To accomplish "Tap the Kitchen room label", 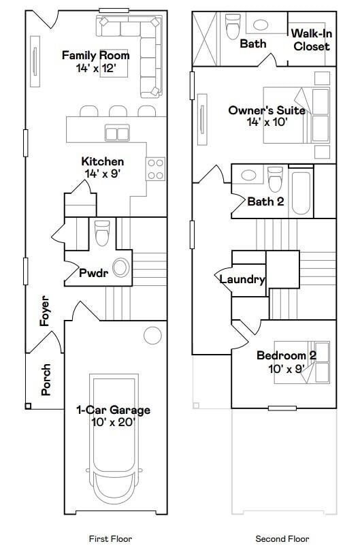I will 102,162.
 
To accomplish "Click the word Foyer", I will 46,310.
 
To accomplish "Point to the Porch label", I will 46,380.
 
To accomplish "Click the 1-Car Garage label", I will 112,410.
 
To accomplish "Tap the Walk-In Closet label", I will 311,40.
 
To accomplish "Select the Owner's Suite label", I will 267,110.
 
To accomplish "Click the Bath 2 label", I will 265,201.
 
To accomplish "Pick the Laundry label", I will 242,279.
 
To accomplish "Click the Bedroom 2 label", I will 286,355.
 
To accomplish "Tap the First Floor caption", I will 110,538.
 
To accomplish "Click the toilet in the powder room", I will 102,233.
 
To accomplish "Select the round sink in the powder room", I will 121,268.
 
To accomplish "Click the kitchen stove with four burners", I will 156,168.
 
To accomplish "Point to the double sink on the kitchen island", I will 117,132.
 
